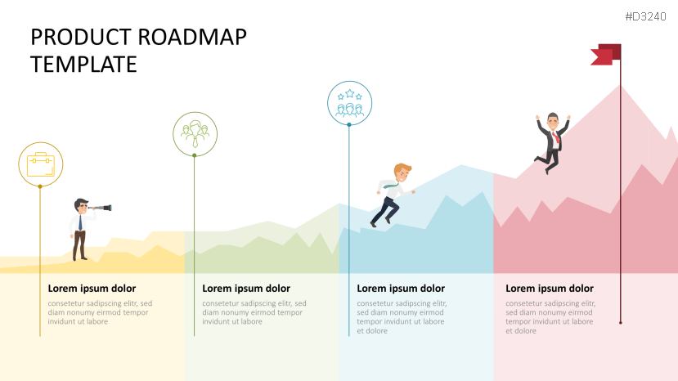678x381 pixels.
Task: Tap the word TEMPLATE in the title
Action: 83,65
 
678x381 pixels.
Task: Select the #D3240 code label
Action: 645,16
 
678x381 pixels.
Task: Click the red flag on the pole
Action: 605,55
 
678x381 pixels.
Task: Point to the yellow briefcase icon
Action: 41,165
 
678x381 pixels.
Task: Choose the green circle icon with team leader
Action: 195,133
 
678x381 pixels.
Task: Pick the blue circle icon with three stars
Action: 349,103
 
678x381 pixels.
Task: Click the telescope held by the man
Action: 101,208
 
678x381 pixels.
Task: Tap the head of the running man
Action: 402,173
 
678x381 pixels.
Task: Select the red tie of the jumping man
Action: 555,137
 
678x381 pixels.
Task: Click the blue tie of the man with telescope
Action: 80,222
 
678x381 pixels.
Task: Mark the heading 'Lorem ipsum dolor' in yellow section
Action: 92,289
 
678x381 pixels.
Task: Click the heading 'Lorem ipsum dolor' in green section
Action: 246,289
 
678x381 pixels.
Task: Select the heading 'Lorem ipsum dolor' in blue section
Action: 401,289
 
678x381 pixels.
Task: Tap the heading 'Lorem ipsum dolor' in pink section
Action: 550,289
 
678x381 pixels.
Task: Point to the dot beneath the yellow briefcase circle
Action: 40,186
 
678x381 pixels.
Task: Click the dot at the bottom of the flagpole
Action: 621,323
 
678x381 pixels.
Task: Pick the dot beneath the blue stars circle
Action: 349,124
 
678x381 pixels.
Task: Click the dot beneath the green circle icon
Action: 195,155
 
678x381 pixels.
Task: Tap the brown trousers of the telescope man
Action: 79,244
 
